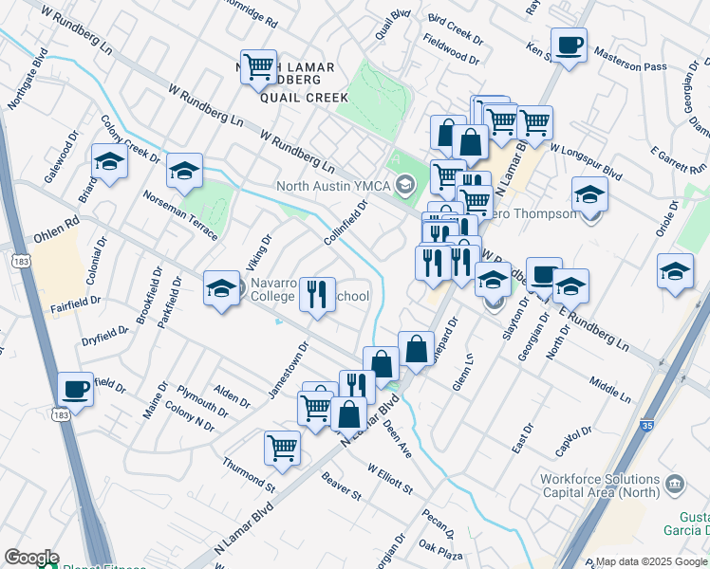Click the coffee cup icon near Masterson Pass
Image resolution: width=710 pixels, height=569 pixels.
569,45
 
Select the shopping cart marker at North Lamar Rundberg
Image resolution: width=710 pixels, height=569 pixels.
258,66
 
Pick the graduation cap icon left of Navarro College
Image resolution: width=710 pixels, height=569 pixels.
221,287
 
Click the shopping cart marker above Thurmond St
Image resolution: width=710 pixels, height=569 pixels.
283,448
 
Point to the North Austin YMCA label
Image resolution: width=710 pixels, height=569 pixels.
334,185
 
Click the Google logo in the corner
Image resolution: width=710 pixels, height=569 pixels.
31,558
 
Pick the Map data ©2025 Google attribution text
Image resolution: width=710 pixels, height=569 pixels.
651,561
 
